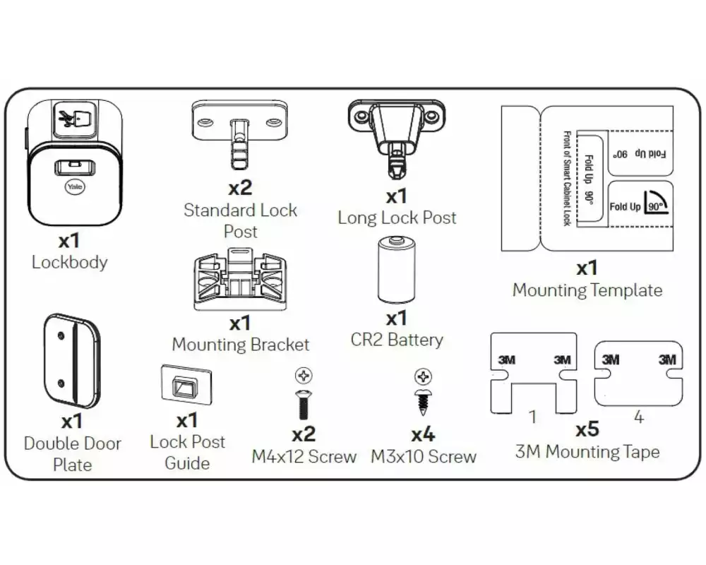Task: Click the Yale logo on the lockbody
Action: point(74,187)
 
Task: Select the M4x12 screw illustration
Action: point(304,405)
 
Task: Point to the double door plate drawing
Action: point(71,361)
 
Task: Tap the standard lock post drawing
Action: point(240,134)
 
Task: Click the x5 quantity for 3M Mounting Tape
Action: point(587,429)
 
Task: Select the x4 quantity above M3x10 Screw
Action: point(423,434)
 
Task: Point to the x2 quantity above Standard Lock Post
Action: point(240,188)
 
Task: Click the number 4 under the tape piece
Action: point(638,417)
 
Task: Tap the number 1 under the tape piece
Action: point(533,417)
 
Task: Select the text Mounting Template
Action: point(587,290)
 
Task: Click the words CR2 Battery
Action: point(397,340)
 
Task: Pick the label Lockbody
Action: point(70,262)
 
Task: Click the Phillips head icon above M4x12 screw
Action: point(304,376)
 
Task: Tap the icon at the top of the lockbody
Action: point(74,119)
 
